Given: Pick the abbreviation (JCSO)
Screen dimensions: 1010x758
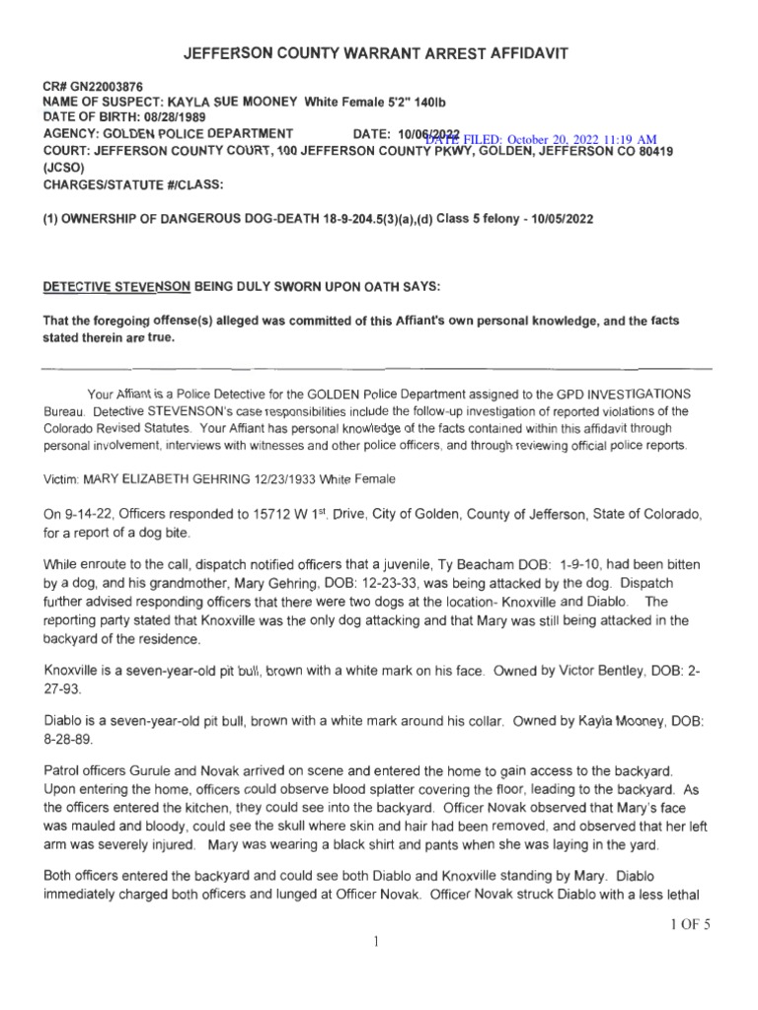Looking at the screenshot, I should (63, 168).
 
